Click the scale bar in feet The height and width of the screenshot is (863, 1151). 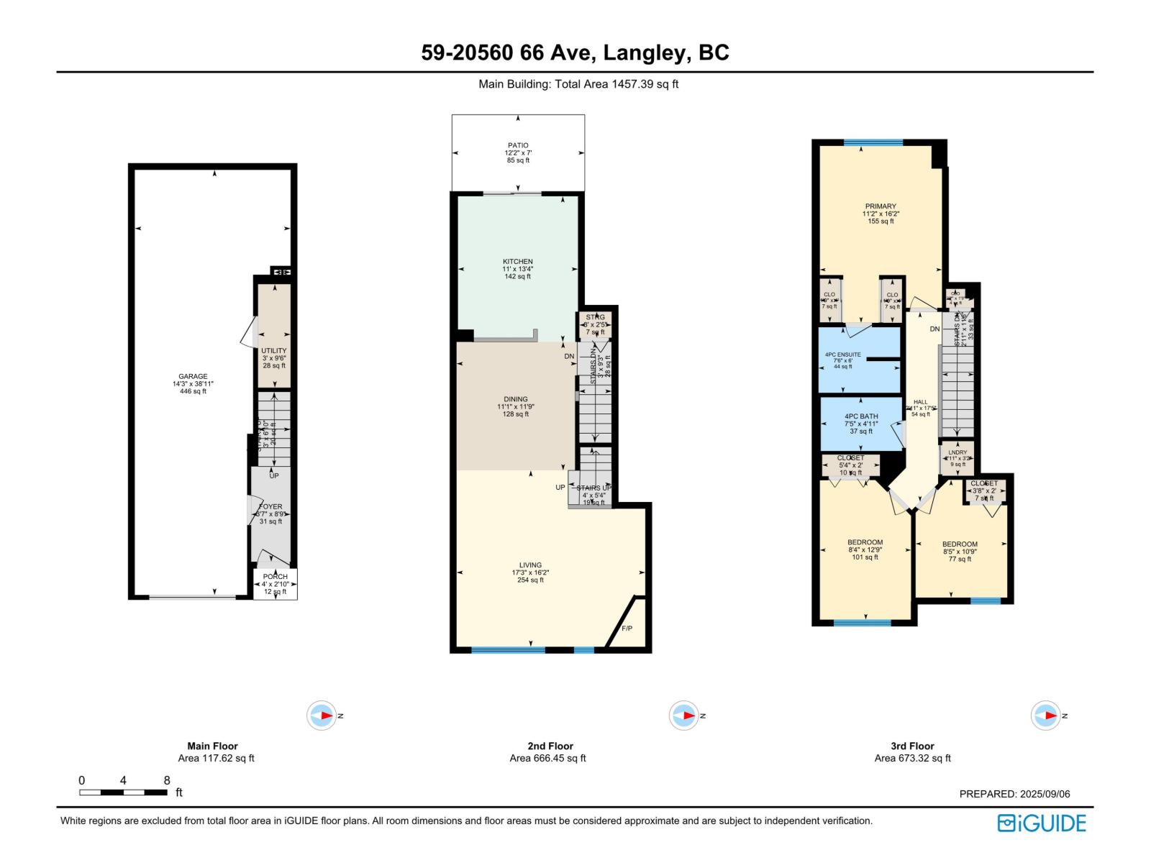tap(123, 792)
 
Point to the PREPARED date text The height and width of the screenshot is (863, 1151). tap(1014, 794)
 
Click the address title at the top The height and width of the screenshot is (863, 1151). tap(575, 52)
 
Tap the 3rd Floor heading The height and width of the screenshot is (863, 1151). tap(912, 746)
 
